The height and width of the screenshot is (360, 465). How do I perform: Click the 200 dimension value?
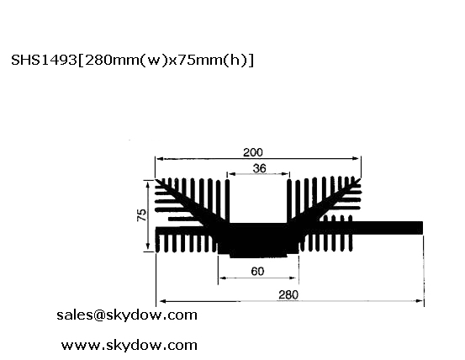(252, 152)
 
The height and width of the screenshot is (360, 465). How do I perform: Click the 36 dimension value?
(260, 168)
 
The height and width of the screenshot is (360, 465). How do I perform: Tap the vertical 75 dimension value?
(142, 215)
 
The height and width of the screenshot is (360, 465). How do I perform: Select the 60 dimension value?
(257, 272)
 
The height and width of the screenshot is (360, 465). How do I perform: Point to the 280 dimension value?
(288, 295)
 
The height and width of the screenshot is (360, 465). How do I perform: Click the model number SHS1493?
(44, 61)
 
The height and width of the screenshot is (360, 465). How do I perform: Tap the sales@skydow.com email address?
(127, 315)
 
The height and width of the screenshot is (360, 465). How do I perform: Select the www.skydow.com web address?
(129, 346)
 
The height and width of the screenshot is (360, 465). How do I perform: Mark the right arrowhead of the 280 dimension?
(420, 301)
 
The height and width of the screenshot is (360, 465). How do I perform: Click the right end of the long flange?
(422, 228)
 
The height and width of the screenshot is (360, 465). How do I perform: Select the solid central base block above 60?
(258, 240)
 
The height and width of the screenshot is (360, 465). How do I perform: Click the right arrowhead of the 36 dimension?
(286, 174)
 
